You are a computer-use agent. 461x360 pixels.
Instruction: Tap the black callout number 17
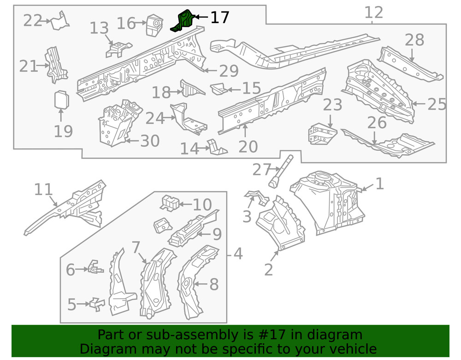(219, 18)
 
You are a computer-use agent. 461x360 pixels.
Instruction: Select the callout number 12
(373, 12)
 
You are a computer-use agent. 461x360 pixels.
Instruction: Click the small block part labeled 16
(153, 24)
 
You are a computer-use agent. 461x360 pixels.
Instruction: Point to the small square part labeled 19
(61, 100)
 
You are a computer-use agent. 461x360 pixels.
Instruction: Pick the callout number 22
(33, 21)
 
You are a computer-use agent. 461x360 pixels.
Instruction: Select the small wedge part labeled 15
(219, 88)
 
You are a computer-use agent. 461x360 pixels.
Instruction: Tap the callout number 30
(149, 141)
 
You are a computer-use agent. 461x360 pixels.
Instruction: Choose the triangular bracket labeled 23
(323, 134)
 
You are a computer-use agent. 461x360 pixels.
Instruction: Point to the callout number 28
(414, 40)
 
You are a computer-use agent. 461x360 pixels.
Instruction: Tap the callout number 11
(44, 189)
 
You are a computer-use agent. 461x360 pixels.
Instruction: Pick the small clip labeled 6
(95, 267)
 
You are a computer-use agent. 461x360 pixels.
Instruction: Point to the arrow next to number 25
(419, 104)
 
